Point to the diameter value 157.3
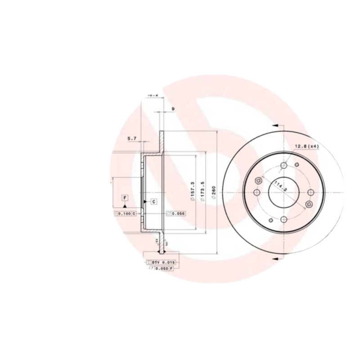coord(193,192)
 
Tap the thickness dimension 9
coord(173,108)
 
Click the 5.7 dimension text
coord(132,139)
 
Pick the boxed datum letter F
coord(124,198)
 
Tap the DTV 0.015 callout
coord(160,261)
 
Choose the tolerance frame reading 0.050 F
coord(161,268)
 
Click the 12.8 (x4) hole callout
coord(307,147)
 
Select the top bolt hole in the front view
coord(283,166)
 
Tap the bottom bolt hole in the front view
coord(284,219)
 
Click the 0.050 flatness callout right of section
coord(176,213)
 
